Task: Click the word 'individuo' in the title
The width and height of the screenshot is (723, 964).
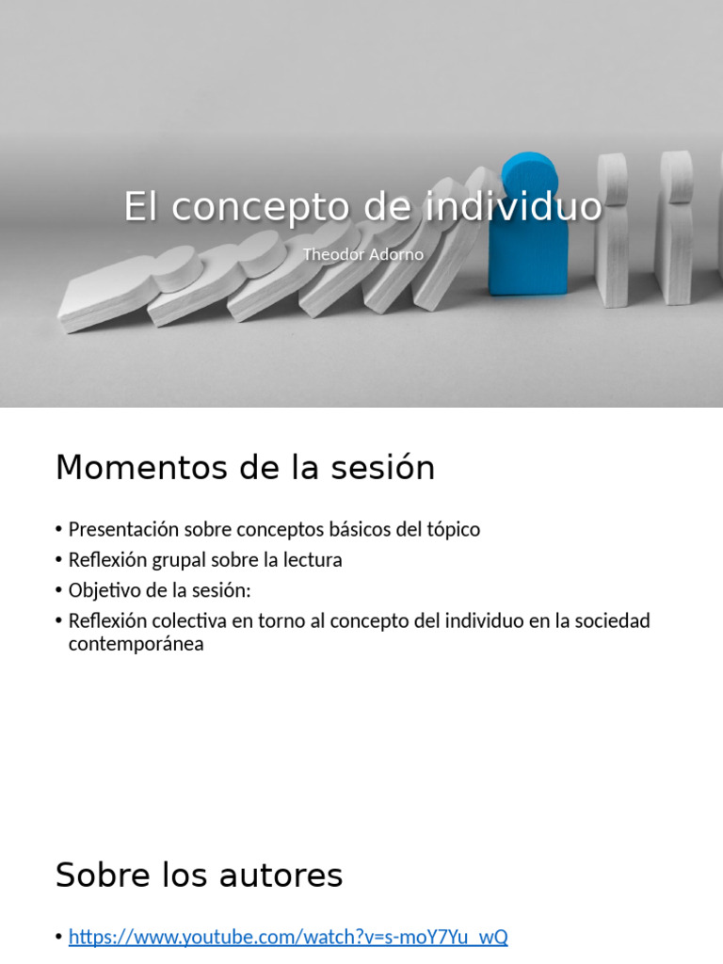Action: [526, 206]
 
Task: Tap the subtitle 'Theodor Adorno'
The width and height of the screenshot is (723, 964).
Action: [362, 254]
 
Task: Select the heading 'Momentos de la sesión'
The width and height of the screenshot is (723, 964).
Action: [245, 467]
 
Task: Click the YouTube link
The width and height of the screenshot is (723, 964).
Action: [288, 937]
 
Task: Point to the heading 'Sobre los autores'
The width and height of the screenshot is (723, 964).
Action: [199, 876]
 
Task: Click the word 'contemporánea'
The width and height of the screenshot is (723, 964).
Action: [136, 645]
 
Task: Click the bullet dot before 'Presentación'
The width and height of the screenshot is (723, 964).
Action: [59, 530]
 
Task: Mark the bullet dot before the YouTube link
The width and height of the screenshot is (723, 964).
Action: [59, 938]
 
